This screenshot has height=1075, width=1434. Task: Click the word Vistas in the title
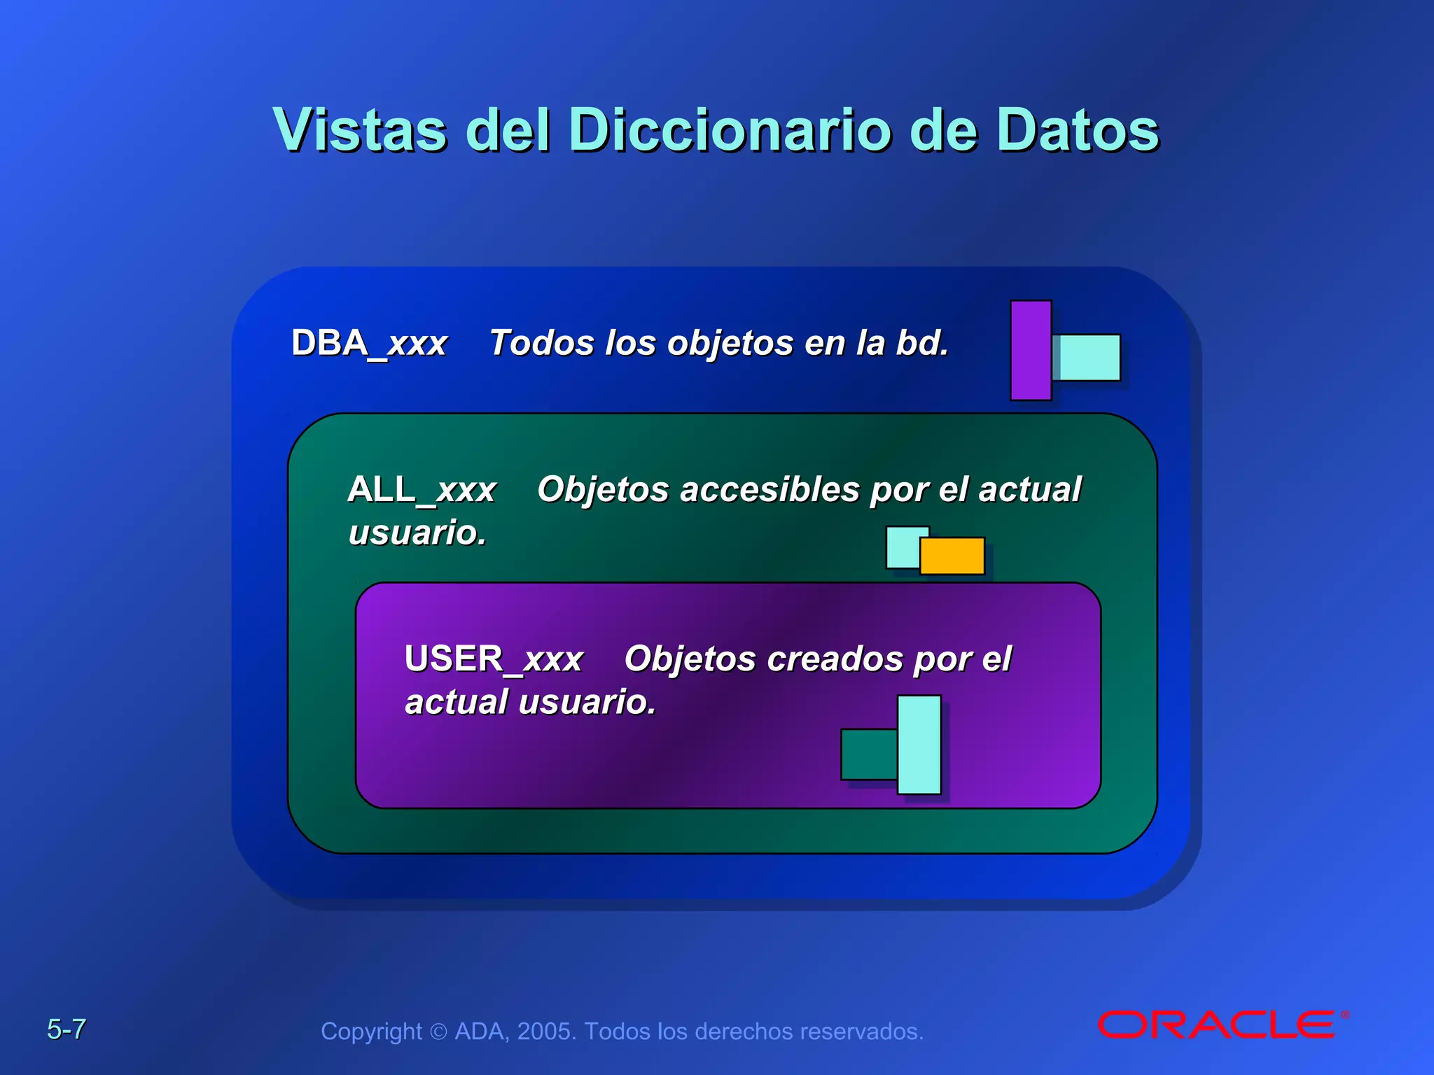tap(359, 130)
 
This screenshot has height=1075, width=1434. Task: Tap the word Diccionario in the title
tap(728, 130)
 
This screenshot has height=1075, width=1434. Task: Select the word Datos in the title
tap(1078, 130)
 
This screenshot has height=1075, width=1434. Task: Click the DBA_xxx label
tap(369, 344)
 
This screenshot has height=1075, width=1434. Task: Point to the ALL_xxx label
tap(422, 489)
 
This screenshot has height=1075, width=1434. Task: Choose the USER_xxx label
tap(494, 659)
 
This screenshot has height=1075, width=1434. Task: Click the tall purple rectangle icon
tap(1031, 350)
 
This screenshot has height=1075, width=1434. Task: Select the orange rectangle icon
tap(952, 556)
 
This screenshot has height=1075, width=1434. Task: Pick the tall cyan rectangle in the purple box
tap(919, 744)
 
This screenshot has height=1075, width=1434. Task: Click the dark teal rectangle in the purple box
tap(868, 754)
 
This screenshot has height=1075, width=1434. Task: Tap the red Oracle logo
tap(1222, 1025)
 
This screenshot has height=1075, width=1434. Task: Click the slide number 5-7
tap(67, 1030)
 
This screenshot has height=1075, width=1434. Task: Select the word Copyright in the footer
tap(371, 1032)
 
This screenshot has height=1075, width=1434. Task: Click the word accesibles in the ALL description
tap(770, 489)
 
